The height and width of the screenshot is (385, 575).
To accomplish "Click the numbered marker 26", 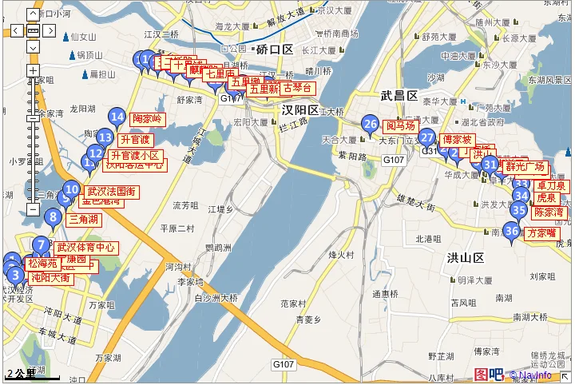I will (x=370, y=124).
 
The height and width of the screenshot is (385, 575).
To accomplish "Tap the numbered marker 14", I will (x=117, y=118).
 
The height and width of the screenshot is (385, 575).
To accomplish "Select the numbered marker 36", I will (x=512, y=232).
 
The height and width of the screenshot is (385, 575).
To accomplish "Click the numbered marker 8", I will (x=54, y=216).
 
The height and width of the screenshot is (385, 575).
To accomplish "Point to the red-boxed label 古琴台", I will (x=297, y=88).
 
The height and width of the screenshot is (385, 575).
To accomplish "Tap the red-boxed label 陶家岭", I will (x=147, y=119).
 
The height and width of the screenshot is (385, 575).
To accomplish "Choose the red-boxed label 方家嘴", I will (x=541, y=233).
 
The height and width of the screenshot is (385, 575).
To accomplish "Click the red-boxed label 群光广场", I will (x=525, y=167).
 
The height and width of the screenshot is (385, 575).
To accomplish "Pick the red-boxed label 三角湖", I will (x=83, y=220).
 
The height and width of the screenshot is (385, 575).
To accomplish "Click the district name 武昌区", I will (x=399, y=96).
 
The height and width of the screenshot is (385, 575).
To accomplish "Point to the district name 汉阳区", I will (x=300, y=109).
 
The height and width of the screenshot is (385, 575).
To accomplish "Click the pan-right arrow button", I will (x=50, y=31).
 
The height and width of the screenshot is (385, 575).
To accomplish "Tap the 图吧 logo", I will (x=488, y=374).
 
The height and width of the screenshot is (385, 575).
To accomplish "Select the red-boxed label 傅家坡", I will (x=458, y=140).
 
